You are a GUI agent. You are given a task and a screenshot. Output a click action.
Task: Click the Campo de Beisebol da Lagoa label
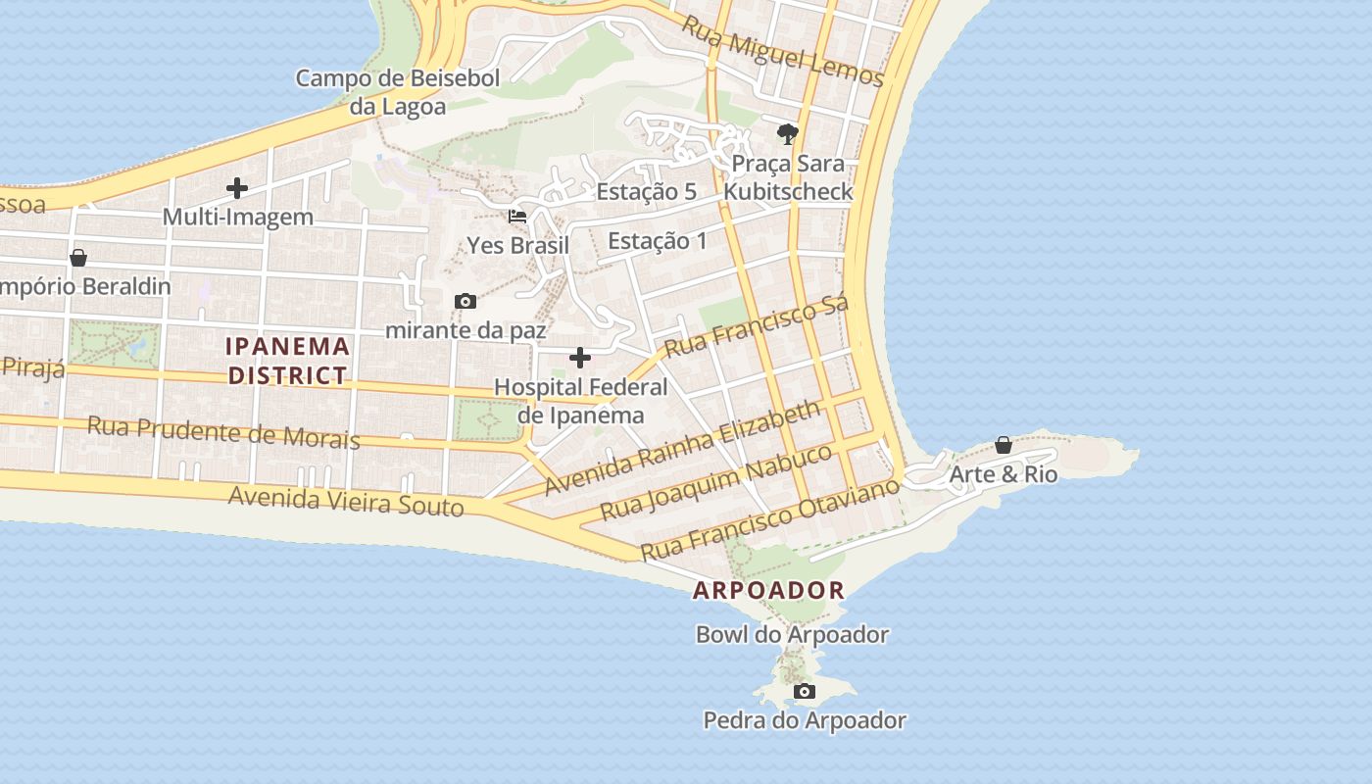pyautogui.click(x=398, y=92)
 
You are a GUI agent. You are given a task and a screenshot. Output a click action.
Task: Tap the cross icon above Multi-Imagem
pyautogui.click(x=236, y=188)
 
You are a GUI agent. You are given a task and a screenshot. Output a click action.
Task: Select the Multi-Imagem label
pyautogui.click(x=237, y=217)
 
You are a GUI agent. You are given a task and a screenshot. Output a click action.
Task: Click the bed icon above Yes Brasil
pyautogui.click(x=517, y=216)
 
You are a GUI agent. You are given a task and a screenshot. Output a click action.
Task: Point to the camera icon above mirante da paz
pyautogui.click(x=465, y=301)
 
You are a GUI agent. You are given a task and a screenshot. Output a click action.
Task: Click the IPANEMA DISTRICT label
pyautogui.click(x=288, y=360)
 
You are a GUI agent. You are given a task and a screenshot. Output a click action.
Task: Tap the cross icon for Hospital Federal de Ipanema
pyautogui.click(x=580, y=358)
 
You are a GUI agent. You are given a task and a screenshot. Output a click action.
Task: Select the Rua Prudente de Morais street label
pyautogui.click(x=223, y=431)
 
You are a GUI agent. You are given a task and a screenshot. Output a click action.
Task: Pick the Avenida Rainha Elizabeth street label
pyautogui.click(x=682, y=447)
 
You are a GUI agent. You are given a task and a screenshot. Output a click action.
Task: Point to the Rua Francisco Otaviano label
pyautogui.click(x=769, y=518)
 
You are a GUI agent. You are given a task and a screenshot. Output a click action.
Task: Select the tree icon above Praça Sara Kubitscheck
pyautogui.click(x=787, y=134)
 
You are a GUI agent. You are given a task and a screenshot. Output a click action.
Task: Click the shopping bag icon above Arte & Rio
pyautogui.click(x=1003, y=446)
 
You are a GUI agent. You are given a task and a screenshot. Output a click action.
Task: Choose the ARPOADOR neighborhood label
pyautogui.click(x=768, y=590)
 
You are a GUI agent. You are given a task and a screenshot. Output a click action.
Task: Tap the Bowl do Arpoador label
pyautogui.click(x=792, y=634)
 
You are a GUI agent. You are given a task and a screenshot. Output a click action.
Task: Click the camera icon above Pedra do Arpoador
pyautogui.click(x=805, y=692)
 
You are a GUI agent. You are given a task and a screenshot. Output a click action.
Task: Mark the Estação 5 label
pyautogui.click(x=646, y=191)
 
